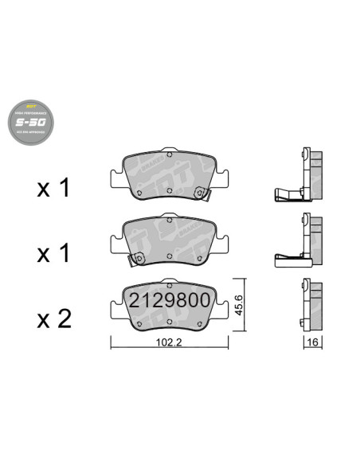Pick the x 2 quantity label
54,319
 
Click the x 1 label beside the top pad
54,188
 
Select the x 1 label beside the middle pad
54,253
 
